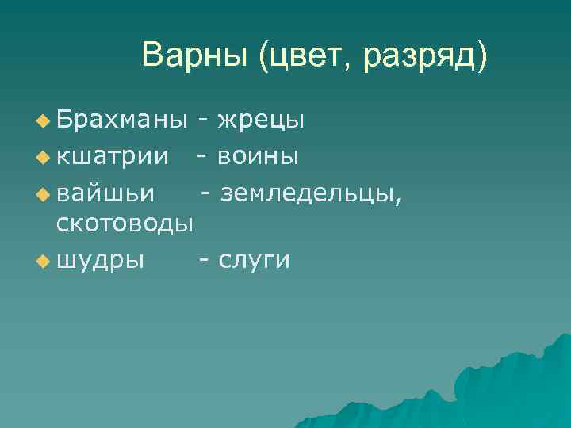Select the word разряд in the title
(x=424, y=56)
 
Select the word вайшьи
(x=107, y=191)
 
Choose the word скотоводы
(x=125, y=224)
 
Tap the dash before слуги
(x=205, y=259)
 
